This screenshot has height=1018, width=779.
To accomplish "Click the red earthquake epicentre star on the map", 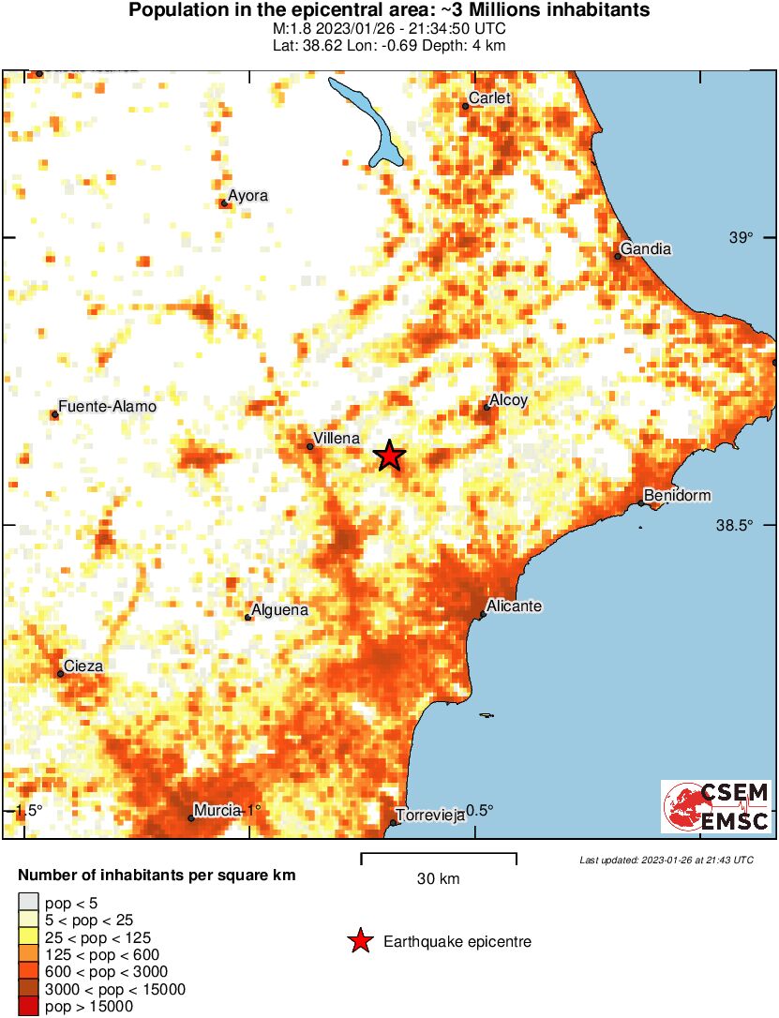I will point(390,457).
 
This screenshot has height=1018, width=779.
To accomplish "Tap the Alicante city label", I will point(515,606).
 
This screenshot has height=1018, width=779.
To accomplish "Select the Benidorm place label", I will point(678,495).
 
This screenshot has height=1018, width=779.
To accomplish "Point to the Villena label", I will point(336,438).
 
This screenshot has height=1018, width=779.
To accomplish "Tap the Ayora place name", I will point(248,195).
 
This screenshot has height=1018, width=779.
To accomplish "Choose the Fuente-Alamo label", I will point(106,407).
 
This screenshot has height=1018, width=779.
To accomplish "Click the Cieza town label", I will point(83,666).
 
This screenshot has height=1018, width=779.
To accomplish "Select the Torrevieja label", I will point(430,816).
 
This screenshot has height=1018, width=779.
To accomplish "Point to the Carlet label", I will point(488,98).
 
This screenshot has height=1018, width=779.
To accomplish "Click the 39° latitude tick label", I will point(742,237).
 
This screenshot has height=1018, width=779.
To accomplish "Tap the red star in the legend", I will point(359,941).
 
